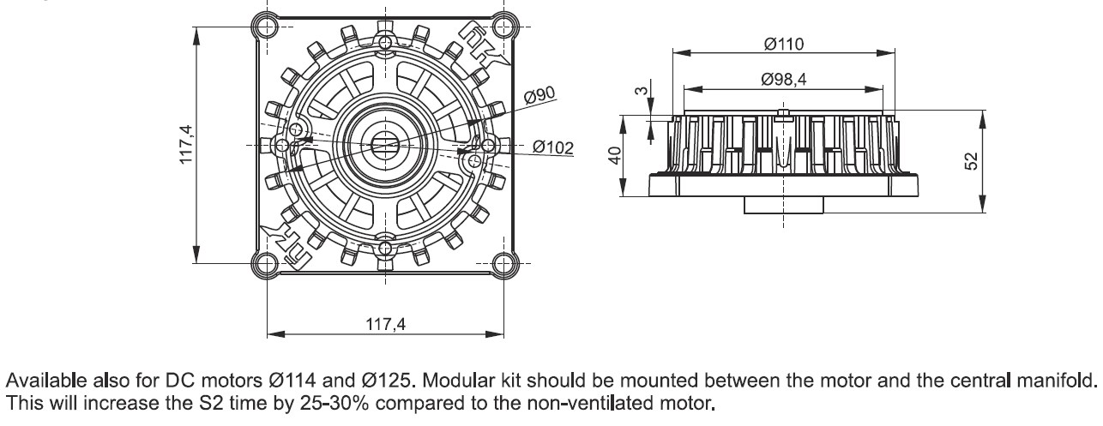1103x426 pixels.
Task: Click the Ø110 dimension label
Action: pyautogui.click(x=783, y=44)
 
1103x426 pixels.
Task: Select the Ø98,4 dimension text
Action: pyautogui.click(x=783, y=80)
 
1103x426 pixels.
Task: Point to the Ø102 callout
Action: pyautogui.click(x=552, y=147)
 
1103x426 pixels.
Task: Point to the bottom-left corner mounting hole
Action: pyautogui.click(x=267, y=261)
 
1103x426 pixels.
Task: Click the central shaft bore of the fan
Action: pyautogui.click(x=384, y=143)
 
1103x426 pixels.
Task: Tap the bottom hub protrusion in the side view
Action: pyautogui.click(x=782, y=206)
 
